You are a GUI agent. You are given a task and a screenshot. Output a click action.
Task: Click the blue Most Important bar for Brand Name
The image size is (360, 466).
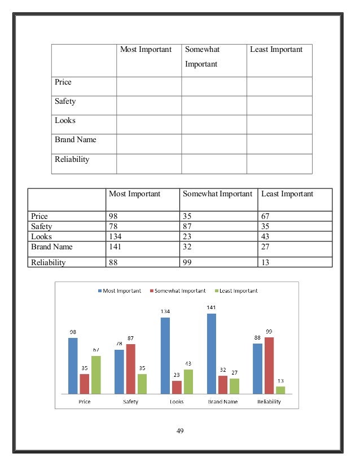(x=212, y=354)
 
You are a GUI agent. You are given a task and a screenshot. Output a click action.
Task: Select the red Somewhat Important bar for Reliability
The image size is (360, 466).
(x=269, y=365)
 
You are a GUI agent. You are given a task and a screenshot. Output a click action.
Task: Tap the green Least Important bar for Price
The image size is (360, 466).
(x=96, y=375)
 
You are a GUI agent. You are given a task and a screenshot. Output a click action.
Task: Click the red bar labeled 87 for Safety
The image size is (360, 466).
(x=130, y=368)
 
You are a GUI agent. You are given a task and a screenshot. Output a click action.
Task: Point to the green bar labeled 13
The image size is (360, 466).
(x=280, y=390)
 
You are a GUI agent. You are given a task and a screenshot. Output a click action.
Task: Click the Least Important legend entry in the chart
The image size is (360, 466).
(x=237, y=291)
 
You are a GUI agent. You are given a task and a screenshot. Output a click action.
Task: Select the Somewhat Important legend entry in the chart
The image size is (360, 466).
(x=177, y=291)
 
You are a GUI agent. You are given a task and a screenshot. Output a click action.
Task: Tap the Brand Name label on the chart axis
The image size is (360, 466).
(x=223, y=402)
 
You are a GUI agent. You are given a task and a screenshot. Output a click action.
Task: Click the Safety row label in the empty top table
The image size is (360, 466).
(x=65, y=102)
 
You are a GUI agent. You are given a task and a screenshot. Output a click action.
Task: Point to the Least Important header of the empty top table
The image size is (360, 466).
(x=276, y=50)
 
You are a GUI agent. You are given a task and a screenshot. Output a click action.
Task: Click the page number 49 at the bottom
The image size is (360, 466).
(x=180, y=431)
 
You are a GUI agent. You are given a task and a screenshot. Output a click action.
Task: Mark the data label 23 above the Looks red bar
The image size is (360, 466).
(x=177, y=375)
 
